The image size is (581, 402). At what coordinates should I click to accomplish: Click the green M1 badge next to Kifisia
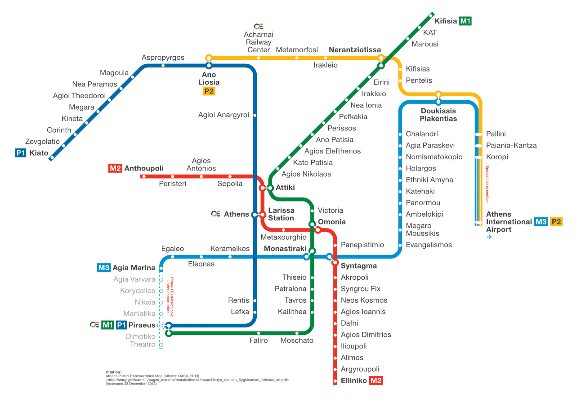[x=465, y=21]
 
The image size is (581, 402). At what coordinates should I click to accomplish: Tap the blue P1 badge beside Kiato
[x=21, y=153]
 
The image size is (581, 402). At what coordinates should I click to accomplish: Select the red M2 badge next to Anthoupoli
[x=115, y=168]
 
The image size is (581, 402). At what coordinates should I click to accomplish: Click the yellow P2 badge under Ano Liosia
[x=209, y=91]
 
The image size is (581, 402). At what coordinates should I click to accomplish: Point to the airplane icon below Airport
[x=489, y=237]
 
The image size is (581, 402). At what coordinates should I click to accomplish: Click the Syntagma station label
[x=359, y=266]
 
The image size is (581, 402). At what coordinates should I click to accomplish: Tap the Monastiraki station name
[x=285, y=249]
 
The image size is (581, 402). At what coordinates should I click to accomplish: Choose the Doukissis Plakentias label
[x=438, y=115]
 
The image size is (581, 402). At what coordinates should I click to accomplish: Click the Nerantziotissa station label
[x=355, y=49]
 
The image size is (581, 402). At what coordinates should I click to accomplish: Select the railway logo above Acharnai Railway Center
[x=259, y=26]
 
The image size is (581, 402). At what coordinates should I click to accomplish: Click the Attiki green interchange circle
[x=270, y=188]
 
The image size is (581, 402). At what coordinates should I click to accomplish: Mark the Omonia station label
[x=332, y=222]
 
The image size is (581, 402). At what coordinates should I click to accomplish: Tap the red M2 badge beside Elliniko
[x=376, y=380]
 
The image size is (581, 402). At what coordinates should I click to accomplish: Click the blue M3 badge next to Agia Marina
[x=104, y=268]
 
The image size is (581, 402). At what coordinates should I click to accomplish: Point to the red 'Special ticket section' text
[x=487, y=184]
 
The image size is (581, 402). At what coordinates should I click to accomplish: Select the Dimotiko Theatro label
[x=141, y=340]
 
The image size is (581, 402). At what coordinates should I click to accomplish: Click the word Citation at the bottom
[x=113, y=372]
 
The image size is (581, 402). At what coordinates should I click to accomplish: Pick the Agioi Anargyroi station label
[x=223, y=115]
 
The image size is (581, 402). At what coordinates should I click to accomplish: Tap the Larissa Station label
[x=281, y=214]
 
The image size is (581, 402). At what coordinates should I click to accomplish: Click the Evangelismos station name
[x=429, y=245]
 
